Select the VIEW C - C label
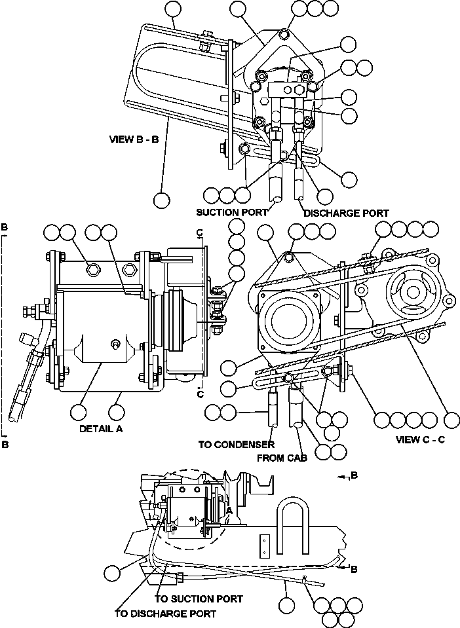click(420, 439)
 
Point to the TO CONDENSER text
click(236, 445)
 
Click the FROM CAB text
click(282, 458)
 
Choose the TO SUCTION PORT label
click(199, 599)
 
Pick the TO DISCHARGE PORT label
click(165, 614)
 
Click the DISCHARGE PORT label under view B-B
click(346, 213)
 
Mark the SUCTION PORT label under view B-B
click(232, 213)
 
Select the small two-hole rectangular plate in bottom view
click(263, 545)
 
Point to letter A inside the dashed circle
click(229, 510)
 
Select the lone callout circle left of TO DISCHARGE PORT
click(113, 572)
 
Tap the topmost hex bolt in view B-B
click(282, 34)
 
